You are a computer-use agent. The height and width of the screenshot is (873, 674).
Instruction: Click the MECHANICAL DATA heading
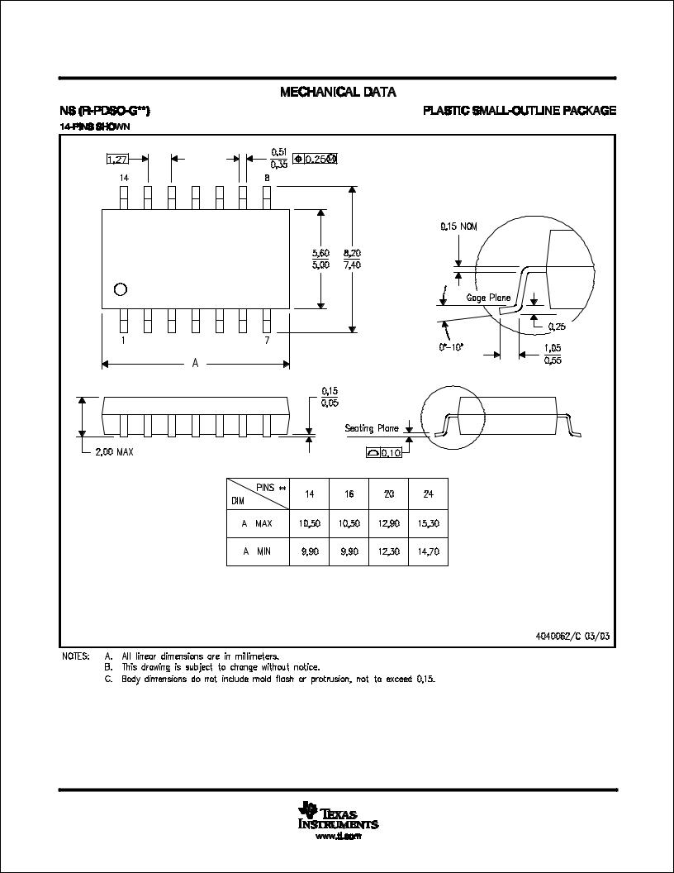pos(338,92)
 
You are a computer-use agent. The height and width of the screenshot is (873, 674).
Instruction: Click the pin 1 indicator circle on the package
pos(121,289)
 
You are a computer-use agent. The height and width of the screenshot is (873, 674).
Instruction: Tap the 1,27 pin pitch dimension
pos(118,160)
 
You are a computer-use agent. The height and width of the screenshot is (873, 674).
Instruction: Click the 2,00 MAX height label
pos(114,452)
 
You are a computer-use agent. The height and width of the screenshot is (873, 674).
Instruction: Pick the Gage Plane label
pos(489,298)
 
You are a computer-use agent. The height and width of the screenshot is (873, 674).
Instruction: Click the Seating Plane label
pos(372,428)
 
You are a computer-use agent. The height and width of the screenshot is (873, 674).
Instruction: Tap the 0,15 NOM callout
pos(458,227)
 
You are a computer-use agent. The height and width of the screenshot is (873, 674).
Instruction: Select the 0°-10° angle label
pos(452,347)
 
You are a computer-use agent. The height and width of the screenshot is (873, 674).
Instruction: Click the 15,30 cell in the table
pos(428,523)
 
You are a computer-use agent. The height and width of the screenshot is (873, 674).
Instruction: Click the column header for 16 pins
pos(349,494)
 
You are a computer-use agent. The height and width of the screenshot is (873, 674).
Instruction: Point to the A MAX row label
pos(257,523)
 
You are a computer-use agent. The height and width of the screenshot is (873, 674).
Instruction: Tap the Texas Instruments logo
pos(338,818)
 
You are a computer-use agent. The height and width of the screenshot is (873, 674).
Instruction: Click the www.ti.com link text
pos(338,837)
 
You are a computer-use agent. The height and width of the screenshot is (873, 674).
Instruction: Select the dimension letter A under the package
pos(196,363)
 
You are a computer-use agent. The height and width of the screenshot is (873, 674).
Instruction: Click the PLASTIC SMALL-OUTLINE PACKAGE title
pos(520,111)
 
